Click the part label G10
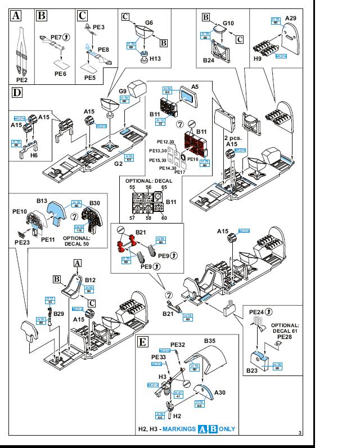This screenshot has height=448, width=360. click(x=228, y=24)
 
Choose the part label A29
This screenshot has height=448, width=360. click(x=290, y=19)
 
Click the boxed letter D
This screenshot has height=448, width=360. click(x=17, y=92)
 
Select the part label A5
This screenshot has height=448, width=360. click(x=195, y=87)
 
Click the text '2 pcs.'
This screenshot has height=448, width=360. click(x=232, y=137)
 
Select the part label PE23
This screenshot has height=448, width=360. click(x=22, y=242)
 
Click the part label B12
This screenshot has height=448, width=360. click(x=90, y=279)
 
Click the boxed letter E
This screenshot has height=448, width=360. click(x=143, y=341)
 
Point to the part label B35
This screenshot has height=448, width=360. click(x=210, y=341)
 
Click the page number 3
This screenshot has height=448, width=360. click(x=300, y=432)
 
